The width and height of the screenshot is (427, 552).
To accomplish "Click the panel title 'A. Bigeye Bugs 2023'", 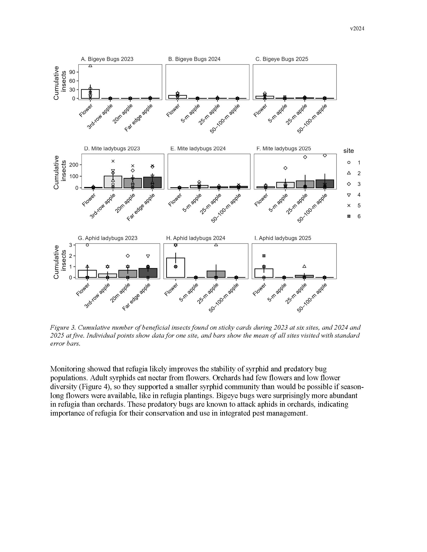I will [x=107, y=59].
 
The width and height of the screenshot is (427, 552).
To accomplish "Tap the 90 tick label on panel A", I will [x=72, y=72].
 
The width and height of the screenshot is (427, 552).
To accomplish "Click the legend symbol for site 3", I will [x=349, y=184].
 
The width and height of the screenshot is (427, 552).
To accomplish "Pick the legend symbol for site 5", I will [x=349, y=206].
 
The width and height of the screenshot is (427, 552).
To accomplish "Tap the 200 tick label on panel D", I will [x=74, y=165].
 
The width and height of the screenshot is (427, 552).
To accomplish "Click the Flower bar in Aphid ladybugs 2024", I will [x=176, y=268].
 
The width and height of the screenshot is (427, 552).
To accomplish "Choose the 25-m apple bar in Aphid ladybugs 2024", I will [x=216, y=274].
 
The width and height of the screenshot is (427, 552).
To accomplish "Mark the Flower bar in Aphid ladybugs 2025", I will [x=264, y=273].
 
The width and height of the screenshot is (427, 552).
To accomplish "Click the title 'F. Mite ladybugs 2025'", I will [x=284, y=149].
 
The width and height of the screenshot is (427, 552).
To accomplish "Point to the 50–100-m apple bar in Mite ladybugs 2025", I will [x=325, y=184].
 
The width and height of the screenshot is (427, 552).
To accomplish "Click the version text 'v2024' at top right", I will [x=357, y=29].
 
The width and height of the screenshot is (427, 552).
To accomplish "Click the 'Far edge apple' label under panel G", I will [x=137, y=297].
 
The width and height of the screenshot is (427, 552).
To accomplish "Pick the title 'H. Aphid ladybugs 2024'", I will [x=195, y=238].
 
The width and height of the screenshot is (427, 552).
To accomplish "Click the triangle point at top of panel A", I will [x=90, y=66].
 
